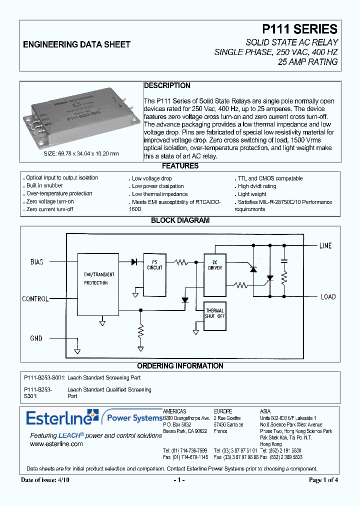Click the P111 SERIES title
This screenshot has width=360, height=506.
292,29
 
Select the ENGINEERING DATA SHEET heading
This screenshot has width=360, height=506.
76,44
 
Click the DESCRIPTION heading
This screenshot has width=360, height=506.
167,85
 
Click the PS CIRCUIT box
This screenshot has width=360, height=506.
154,264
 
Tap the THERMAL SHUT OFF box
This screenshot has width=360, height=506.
214,313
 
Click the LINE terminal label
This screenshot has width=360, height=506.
325,245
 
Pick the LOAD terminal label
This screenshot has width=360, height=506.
328,296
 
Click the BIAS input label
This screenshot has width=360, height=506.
37,261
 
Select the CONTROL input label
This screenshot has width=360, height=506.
35,299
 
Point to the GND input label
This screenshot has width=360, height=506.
36,338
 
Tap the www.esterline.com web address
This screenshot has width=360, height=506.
56,443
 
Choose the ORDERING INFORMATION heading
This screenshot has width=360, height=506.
180,366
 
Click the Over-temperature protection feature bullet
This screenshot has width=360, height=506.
59,193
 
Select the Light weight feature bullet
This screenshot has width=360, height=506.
252,194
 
